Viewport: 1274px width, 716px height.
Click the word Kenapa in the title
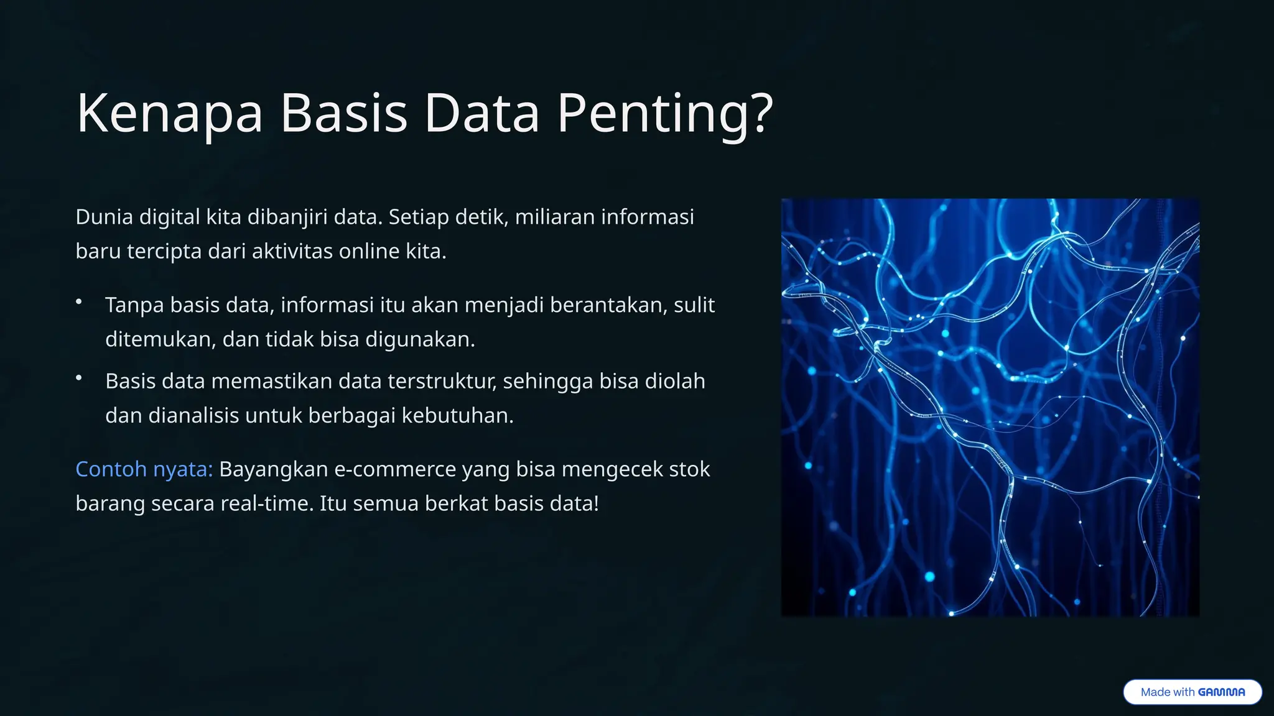click(x=169, y=113)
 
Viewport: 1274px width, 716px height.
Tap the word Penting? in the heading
click(x=664, y=113)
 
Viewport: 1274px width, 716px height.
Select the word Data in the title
click(x=481, y=113)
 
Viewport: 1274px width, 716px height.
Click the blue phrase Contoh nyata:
click(x=144, y=469)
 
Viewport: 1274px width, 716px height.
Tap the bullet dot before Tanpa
click(x=79, y=302)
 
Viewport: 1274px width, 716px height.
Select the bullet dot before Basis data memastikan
click(x=79, y=378)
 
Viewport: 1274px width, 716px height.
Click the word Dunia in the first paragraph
click(x=104, y=217)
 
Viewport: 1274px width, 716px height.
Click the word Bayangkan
click(x=273, y=469)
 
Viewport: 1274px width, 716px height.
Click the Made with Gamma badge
click(x=1192, y=692)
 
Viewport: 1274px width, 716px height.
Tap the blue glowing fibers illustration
click(x=990, y=407)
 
